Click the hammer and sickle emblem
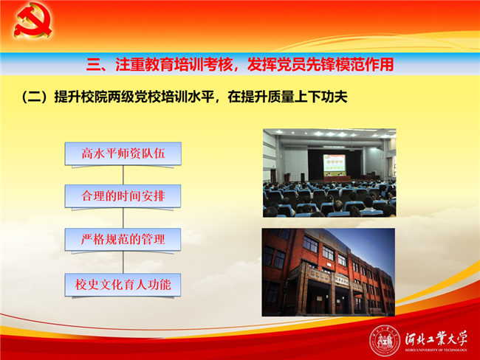pyautogui.click(x=32, y=20)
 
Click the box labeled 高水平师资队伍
pyautogui.click(x=123, y=154)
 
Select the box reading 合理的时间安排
pyautogui.click(x=123, y=196)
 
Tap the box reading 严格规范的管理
pyautogui.click(x=123, y=240)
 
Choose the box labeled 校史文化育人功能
pyautogui.click(x=123, y=285)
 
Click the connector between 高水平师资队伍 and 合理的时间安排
pyautogui.click(x=123, y=176)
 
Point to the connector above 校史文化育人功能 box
pyautogui.click(x=123, y=263)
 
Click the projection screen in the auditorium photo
pyautogui.click(x=335, y=163)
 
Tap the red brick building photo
pyautogui.click(x=328, y=272)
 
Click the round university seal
pyautogui.click(x=385, y=341)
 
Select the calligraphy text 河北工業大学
pyautogui.click(x=436, y=339)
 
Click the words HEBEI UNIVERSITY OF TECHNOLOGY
pyautogui.click(x=436, y=350)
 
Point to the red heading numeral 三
pyautogui.click(x=93, y=64)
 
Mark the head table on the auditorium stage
pyautogui.click(x=337, y=179)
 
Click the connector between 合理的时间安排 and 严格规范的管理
pyautogui.click(x=123, y=218)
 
